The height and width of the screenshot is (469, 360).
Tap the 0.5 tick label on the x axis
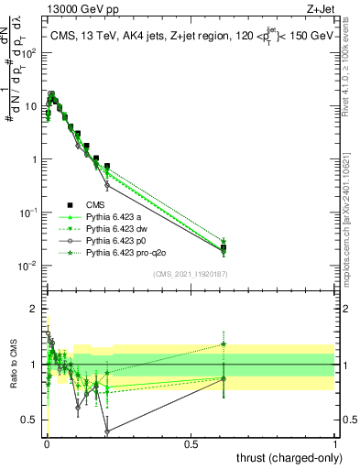191,444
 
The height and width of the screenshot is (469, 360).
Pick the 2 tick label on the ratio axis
35,309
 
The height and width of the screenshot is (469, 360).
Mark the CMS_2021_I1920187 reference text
190,275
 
